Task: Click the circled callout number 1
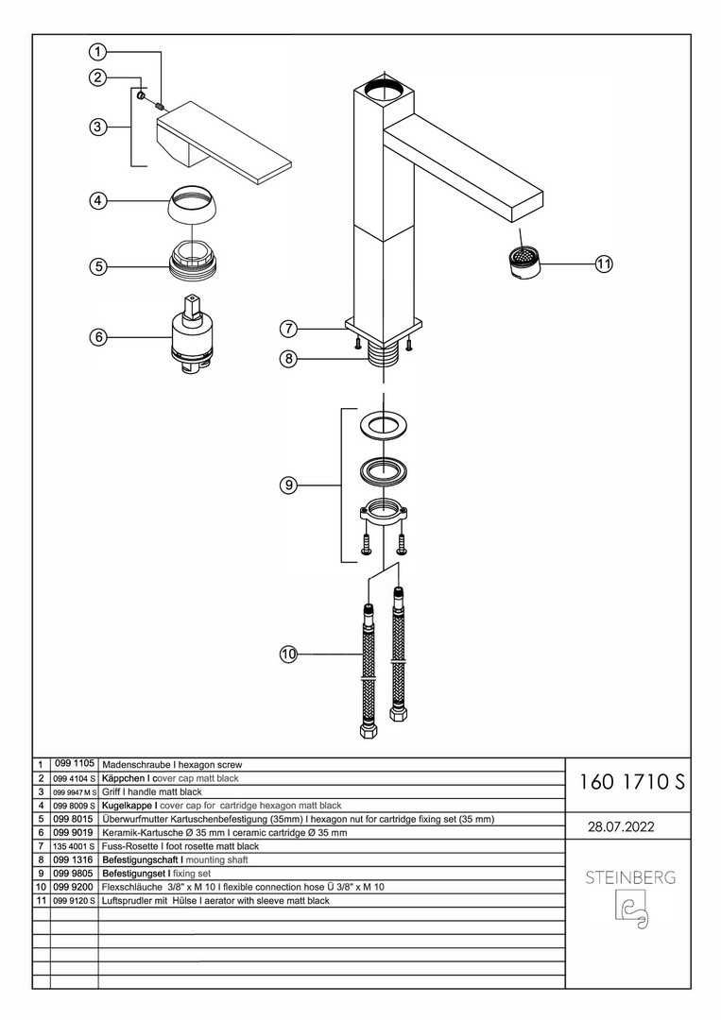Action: pos(97,51)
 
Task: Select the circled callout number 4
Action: pos(97,201)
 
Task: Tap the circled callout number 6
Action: pos(97,337)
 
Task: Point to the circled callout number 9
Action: pos(287,484)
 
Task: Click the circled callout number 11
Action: pos(604,264)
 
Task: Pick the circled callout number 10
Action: pos(288,654)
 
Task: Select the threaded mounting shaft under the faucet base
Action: pos(384,356)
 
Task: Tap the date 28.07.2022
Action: pos(621,826)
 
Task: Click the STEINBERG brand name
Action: pos(630,877)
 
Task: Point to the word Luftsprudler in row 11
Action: pos(127,900)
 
